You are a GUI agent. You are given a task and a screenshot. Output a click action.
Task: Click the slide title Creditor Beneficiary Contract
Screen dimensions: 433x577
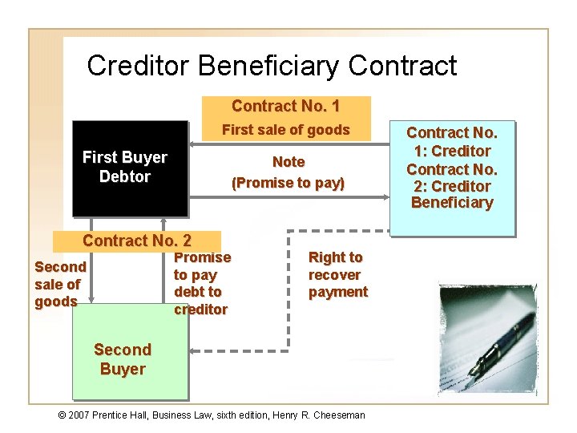pos(272,65)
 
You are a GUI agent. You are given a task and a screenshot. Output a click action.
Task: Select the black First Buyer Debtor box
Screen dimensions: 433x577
pos(129,168)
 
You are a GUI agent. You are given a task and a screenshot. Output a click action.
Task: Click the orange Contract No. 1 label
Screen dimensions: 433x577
pos(286,107)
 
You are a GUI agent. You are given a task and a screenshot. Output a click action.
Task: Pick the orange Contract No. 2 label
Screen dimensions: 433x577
pos(137,241)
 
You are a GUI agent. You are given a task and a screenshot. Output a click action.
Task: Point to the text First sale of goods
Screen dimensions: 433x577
pos(286,130)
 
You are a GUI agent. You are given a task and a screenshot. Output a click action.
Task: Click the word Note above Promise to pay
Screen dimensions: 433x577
pos(288,162)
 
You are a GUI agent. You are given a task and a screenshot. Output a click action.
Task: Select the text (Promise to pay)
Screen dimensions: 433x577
pos(288,183)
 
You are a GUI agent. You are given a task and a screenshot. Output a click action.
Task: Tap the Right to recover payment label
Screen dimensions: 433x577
pos(337,274)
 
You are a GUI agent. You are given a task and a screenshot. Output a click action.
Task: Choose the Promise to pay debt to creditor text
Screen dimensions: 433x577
pos(202,283)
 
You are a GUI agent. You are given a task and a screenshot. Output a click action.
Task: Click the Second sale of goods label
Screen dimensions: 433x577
pos(60,284)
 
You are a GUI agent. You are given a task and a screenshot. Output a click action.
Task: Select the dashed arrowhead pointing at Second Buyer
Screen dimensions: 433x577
pos(194,350)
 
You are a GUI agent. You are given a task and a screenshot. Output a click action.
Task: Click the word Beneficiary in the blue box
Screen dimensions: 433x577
pos(451,203)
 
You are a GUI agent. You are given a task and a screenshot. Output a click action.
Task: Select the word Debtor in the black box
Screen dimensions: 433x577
pos(125,176)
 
